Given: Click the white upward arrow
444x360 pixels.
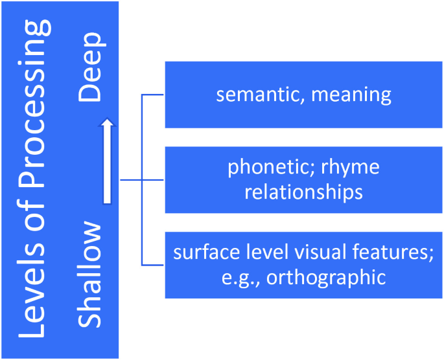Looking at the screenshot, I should click(x=107, y=162).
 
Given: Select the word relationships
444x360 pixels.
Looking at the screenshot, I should click(x=304, y=192).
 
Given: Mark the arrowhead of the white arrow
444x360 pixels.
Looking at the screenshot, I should click(x=107, y=122).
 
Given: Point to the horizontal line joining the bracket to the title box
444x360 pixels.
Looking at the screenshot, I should click(x=130, y=180).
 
